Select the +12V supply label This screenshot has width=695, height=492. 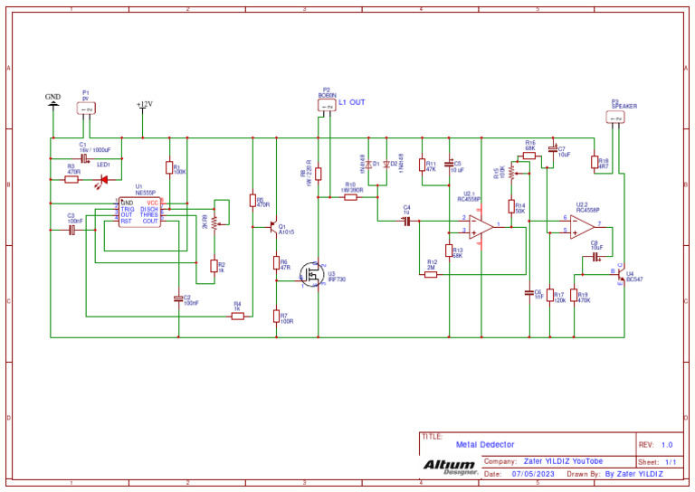[144, 105]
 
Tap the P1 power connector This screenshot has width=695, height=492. [86, 109]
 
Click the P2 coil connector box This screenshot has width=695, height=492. [327, 107]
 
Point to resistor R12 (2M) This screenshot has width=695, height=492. [431, 273]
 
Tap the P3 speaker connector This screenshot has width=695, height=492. [615, 118]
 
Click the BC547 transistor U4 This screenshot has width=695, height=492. [621, 274]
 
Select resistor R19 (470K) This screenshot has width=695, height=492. [574, 296]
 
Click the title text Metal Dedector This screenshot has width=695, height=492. [484, 445]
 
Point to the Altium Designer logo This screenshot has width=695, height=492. [450, 466]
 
